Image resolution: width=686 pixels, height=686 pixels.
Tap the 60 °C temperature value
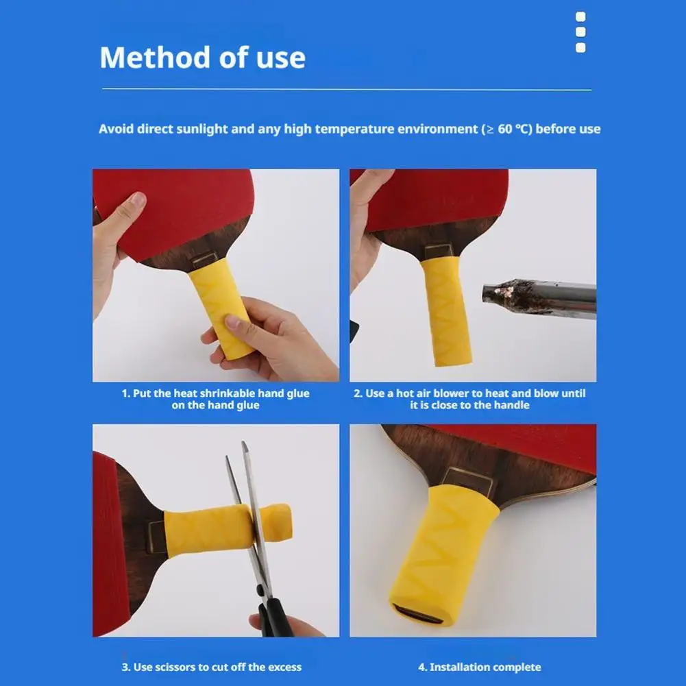click(512, 129)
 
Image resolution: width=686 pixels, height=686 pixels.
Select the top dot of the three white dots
click(580, 17)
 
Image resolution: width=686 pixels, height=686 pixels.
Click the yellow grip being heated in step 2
click(445, 308)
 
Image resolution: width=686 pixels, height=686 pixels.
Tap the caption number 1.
click(125, 393)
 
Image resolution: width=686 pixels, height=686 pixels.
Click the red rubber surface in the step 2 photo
click(439, 195)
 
